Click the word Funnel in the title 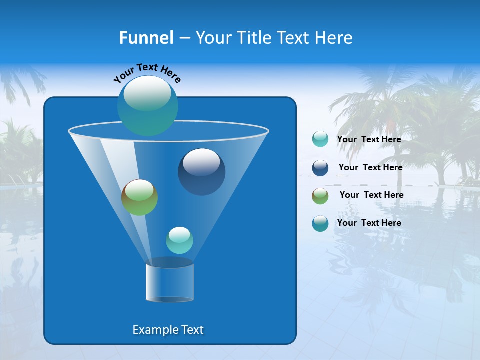point(146,38)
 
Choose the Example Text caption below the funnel point(168,330)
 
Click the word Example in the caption point(151,330)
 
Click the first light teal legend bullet point(320,139)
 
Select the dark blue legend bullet point(320,168)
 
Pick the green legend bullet point(320,196)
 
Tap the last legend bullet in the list point(320,223)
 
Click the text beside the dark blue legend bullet point(370,167)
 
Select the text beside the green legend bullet point(371,195)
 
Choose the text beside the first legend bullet point(369,139)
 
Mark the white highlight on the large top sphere point(147,94)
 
